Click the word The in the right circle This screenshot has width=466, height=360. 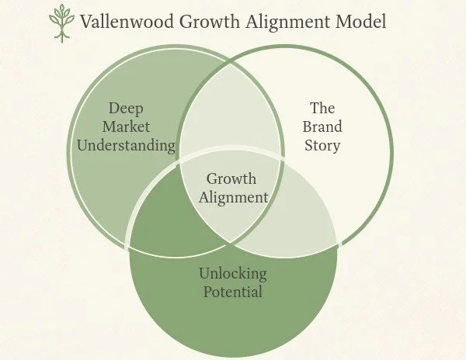[322, 109]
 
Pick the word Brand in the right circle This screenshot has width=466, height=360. [322, 126]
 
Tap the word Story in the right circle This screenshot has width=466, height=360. [322, 145]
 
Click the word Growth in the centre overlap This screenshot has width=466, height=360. [231, 179]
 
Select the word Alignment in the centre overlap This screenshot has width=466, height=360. [233, 197]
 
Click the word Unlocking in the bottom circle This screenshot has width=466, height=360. [233, 274]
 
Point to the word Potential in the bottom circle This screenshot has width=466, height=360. [233, 292]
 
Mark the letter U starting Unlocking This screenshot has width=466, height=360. [203, 274]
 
